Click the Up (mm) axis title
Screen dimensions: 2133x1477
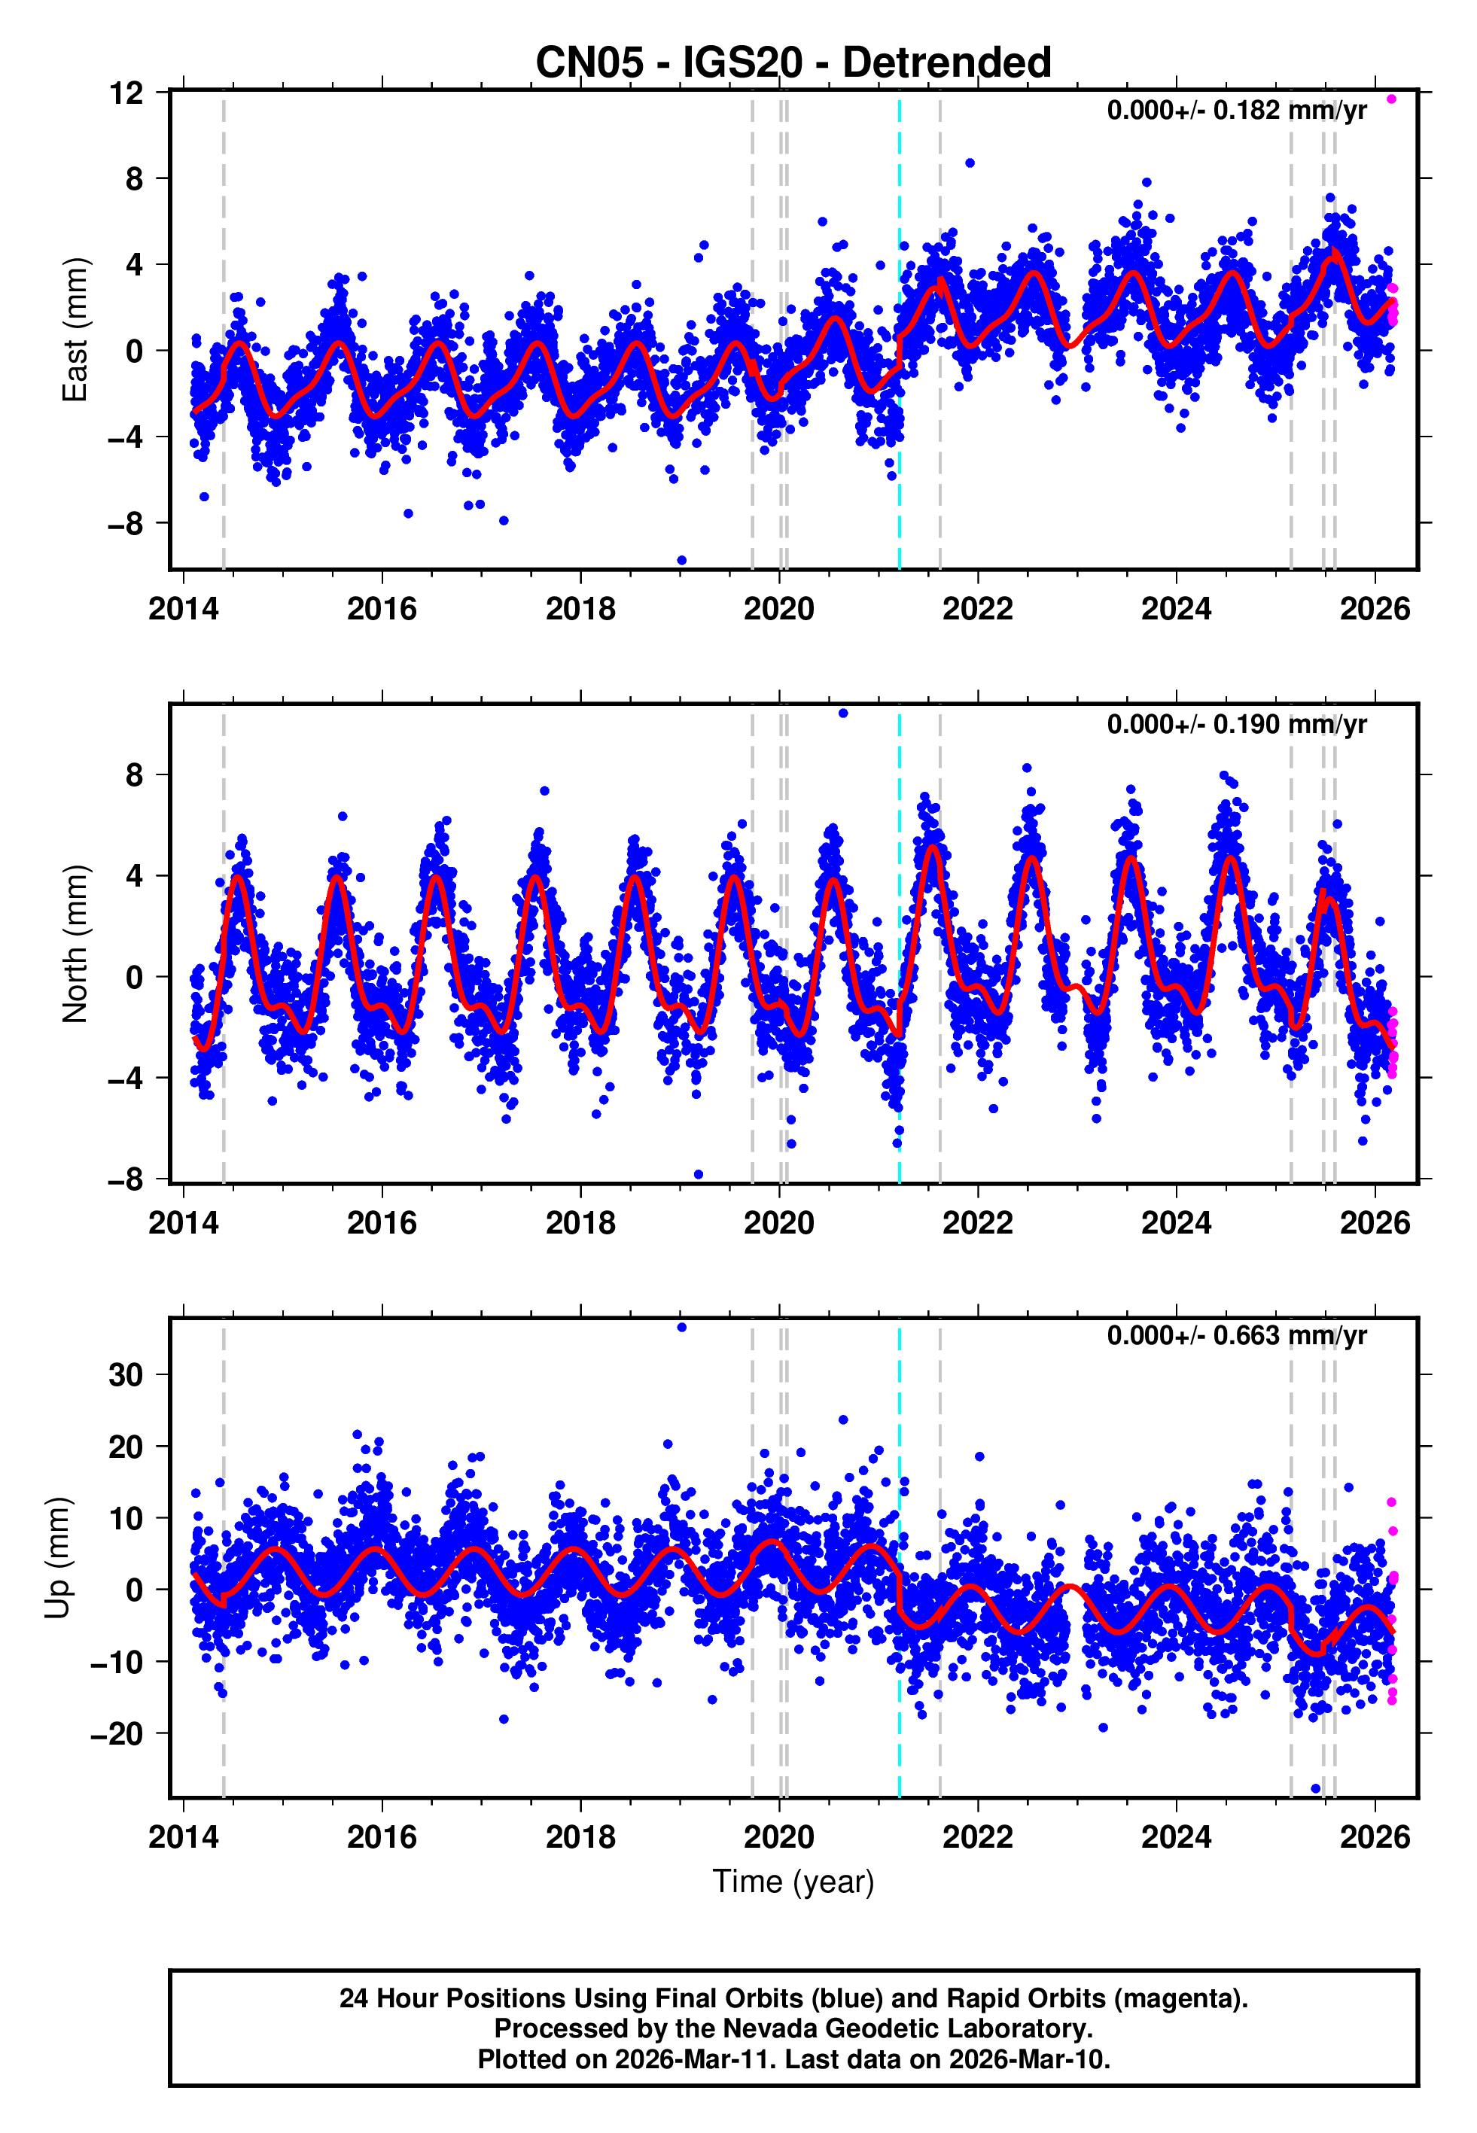pyautogui.click(x=57, y=1558)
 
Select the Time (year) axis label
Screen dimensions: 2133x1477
pyautogui.click(x=793, y=1882)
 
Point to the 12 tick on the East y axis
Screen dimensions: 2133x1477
pyautogui.click(x=126, y=93)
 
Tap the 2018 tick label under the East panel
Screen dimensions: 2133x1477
pyautogui.click(x=580, y=609)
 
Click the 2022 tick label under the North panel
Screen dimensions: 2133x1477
pyautogui.click(x=977, y=1223)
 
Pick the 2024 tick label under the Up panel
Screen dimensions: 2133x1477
pyautogui.click(x=1175, y=1836)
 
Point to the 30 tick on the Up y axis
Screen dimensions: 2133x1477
pyautogui.click(x=126, y=1374)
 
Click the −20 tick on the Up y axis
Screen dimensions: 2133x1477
pyautogui.click(x=117, y=1733)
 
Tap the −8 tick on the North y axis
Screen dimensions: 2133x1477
pyautogui.click(x=126, y=1179)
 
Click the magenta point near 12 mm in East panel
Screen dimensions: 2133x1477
pyautogui.click(x=1391, y=99)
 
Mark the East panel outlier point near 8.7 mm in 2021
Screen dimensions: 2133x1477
pyautogui.click(x=970, y=163)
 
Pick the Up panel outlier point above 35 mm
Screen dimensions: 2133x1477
pyautogui.click(x=682, y=1328)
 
